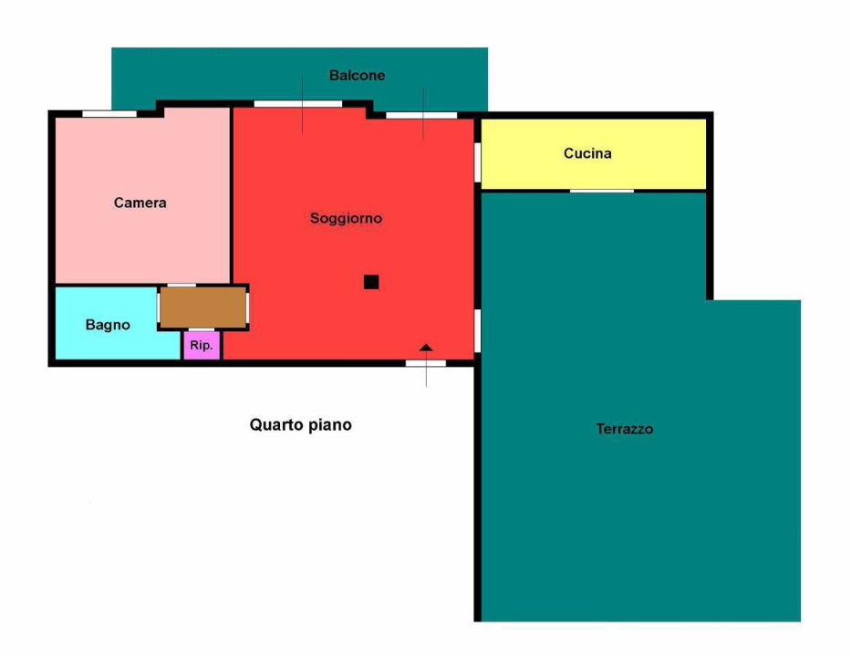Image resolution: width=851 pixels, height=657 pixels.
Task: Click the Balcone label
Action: tap(357, 76)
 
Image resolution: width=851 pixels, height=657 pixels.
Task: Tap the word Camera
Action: tap(140, 203)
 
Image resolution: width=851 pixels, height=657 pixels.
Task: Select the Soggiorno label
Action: tap(346, 218)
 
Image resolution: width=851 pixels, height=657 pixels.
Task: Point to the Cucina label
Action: tap(587, 153)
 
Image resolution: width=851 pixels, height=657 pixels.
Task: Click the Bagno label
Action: tap(108, 325)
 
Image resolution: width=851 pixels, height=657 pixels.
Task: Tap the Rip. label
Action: tap(202, 346)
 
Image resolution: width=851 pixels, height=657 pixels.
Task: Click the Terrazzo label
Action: tap(625, 428)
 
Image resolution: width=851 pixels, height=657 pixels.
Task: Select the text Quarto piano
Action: tap(300, 424)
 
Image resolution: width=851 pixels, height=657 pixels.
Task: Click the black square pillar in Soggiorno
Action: tap(371, 282)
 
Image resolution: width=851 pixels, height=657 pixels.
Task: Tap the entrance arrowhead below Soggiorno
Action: tap(426, 348)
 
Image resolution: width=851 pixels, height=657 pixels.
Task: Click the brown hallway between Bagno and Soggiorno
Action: tap(203, 307)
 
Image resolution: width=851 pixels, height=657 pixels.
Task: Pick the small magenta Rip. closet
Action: tap(202, 347)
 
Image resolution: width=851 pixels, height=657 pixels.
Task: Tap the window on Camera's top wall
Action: tap(109, 113)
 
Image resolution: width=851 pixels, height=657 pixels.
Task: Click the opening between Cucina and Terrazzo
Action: tap(601, 191)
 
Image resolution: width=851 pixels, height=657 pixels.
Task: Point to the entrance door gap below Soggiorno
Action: tap(426, 363)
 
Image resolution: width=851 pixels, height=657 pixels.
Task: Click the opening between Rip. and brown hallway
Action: tap(202, 329)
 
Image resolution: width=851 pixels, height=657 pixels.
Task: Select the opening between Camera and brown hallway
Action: tap(182, 286)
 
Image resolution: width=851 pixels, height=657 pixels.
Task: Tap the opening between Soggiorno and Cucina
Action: tap(477, 162)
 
